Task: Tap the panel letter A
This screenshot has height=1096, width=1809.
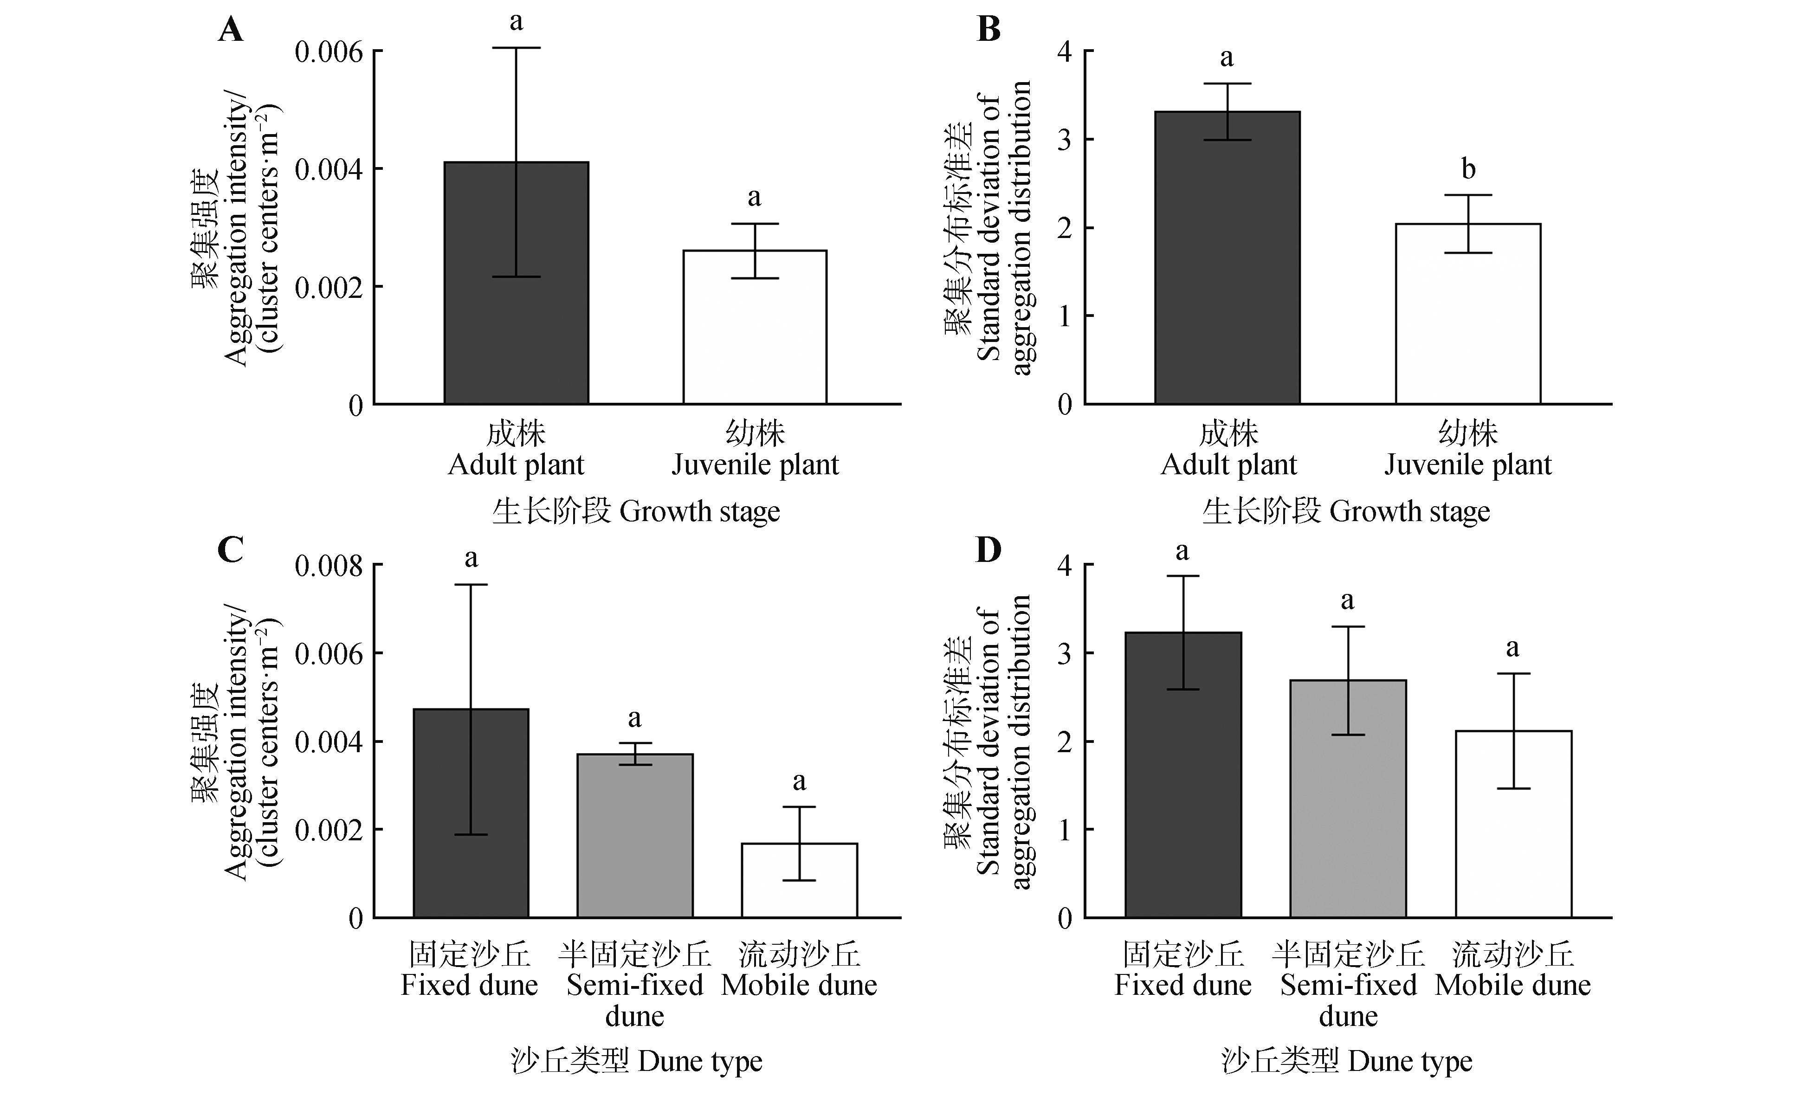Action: point(231,30)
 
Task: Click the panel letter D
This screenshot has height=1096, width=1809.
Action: point(988,549)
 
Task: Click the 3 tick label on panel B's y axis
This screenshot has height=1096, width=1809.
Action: point(1065,140)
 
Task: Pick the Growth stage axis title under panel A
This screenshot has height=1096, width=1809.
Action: point(636,511)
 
